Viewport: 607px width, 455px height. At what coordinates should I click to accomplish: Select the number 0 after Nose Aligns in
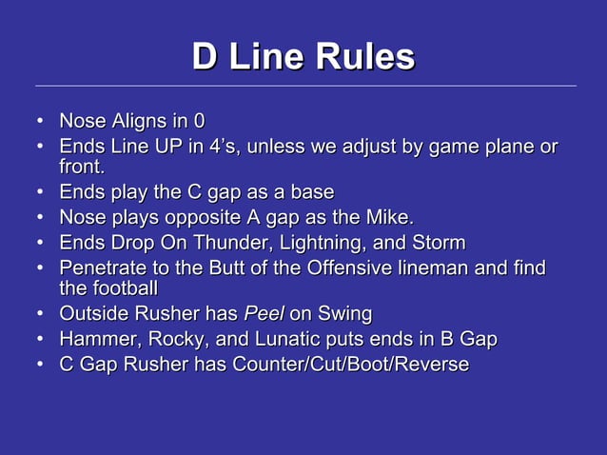(x=199, y=122)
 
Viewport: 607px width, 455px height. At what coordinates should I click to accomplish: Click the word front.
(x=82, y=168)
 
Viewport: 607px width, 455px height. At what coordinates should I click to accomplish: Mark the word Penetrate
(x=102, y=267)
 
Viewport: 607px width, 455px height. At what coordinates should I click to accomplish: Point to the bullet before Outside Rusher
(x=40, y=313)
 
